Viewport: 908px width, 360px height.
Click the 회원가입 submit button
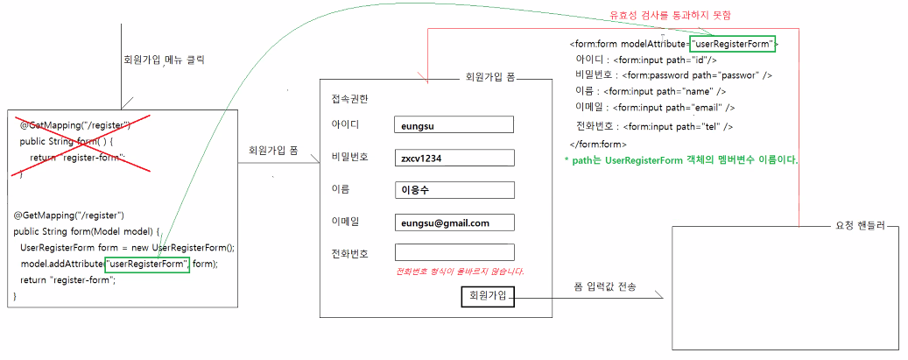[x=487, y=296]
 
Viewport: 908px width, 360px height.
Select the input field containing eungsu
[x=454, y=125]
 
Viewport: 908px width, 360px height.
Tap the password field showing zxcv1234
[x=454, y=158]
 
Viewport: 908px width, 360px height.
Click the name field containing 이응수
[x=454, y=190]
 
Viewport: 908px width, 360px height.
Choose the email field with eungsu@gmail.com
[x=454, y=222]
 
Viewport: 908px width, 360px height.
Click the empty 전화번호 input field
[x=454, y=253]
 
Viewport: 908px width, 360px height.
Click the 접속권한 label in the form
[x=350, y=96]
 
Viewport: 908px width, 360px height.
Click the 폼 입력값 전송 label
[x=605, y=287]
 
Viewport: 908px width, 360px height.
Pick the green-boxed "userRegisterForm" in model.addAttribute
[x=146, y=264]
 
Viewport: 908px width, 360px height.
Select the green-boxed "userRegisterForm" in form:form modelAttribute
[x=732, y=43]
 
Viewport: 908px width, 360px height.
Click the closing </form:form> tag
[x=598, y=144]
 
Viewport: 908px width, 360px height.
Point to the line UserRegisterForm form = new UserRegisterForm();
[x=128, y=247]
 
